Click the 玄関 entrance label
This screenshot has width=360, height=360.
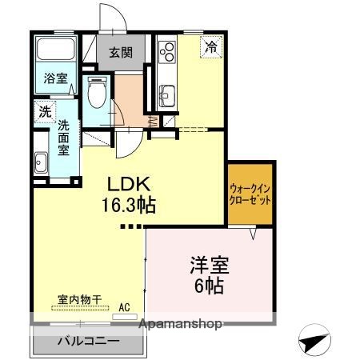tap(121, 54)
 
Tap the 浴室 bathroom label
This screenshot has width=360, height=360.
tap(54, 80)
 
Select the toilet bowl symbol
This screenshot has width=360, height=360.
tap(95, 94)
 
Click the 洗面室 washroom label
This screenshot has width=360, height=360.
tap(64, 137)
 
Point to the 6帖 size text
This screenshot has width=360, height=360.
tap(206, 284)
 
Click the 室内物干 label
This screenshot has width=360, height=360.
tap(80, 300)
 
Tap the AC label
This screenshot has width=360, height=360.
tap(124, 306)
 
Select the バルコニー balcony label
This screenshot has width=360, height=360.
tap(88, 341)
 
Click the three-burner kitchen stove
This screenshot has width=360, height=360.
tap(168, 54)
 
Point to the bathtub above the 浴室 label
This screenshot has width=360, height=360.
tap(54, 52)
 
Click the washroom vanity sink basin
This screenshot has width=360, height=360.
tap(41, 161)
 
